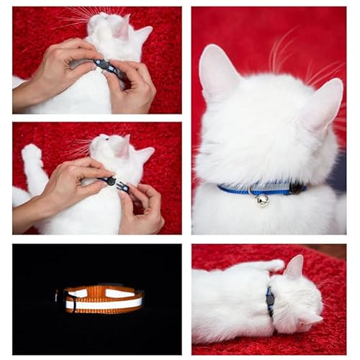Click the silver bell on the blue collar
[x=262, y=199]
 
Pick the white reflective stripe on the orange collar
[x=104, y=303]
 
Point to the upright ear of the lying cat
[x=294, y=267]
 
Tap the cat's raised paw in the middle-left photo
[x=32, y=154]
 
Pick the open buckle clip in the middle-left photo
[x=115, y=184]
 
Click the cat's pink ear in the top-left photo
[x=123, y=27]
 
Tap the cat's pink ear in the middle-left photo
[x=124, y=148]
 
